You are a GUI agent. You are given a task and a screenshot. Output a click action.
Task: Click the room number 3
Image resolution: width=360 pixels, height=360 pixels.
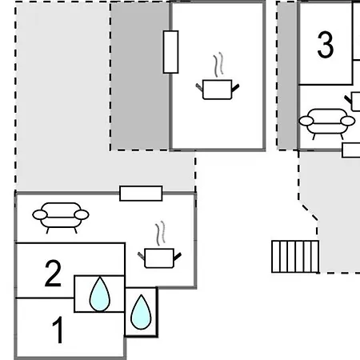(x=326, y=45)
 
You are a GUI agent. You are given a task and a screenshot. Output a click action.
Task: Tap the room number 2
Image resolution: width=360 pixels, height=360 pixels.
(x=53, y=274)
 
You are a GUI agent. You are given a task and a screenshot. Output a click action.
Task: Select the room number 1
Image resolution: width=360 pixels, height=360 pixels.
(x=58, y=330)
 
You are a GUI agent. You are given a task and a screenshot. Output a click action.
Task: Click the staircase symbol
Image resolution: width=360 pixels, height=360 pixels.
(x=295, y=257)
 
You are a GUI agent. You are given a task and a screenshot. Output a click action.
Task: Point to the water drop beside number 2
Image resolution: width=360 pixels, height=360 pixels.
(x=100, y=294)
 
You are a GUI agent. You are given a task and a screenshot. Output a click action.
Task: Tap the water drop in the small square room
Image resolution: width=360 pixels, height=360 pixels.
(x=141, y=312)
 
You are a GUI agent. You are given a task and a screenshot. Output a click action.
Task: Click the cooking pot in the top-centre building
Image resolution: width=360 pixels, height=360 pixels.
(x=218, y=90)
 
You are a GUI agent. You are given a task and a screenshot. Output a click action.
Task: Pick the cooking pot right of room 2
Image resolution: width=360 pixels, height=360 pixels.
(x=159, y=258)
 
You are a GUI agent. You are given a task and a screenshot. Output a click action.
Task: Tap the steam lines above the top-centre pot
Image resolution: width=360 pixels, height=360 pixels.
(x=218, y=65)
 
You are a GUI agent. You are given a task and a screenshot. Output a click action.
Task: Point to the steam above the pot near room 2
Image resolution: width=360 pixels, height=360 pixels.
(x=160, y=234)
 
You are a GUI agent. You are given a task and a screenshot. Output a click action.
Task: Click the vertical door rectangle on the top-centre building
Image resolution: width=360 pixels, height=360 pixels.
(x=170, y=52)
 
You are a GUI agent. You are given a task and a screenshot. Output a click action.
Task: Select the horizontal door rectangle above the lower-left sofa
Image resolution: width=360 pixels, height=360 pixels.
(x=141, y=194)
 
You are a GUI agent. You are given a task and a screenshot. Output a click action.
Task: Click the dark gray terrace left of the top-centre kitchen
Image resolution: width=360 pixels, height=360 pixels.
(x=140, y=76)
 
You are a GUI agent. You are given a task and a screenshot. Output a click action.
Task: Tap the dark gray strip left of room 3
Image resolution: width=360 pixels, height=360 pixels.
(x=288, y=76)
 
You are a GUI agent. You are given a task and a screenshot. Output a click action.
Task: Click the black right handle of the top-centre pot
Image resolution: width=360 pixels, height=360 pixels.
(x=235, y=87)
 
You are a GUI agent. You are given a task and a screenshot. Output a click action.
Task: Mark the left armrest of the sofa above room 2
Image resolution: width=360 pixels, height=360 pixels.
(x=40, y=214)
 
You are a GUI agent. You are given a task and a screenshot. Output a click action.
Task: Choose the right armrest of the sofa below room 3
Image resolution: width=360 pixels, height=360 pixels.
(x=348, y=121)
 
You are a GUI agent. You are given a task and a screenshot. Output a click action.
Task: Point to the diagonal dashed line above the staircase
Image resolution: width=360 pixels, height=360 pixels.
(x=309, y=210)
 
